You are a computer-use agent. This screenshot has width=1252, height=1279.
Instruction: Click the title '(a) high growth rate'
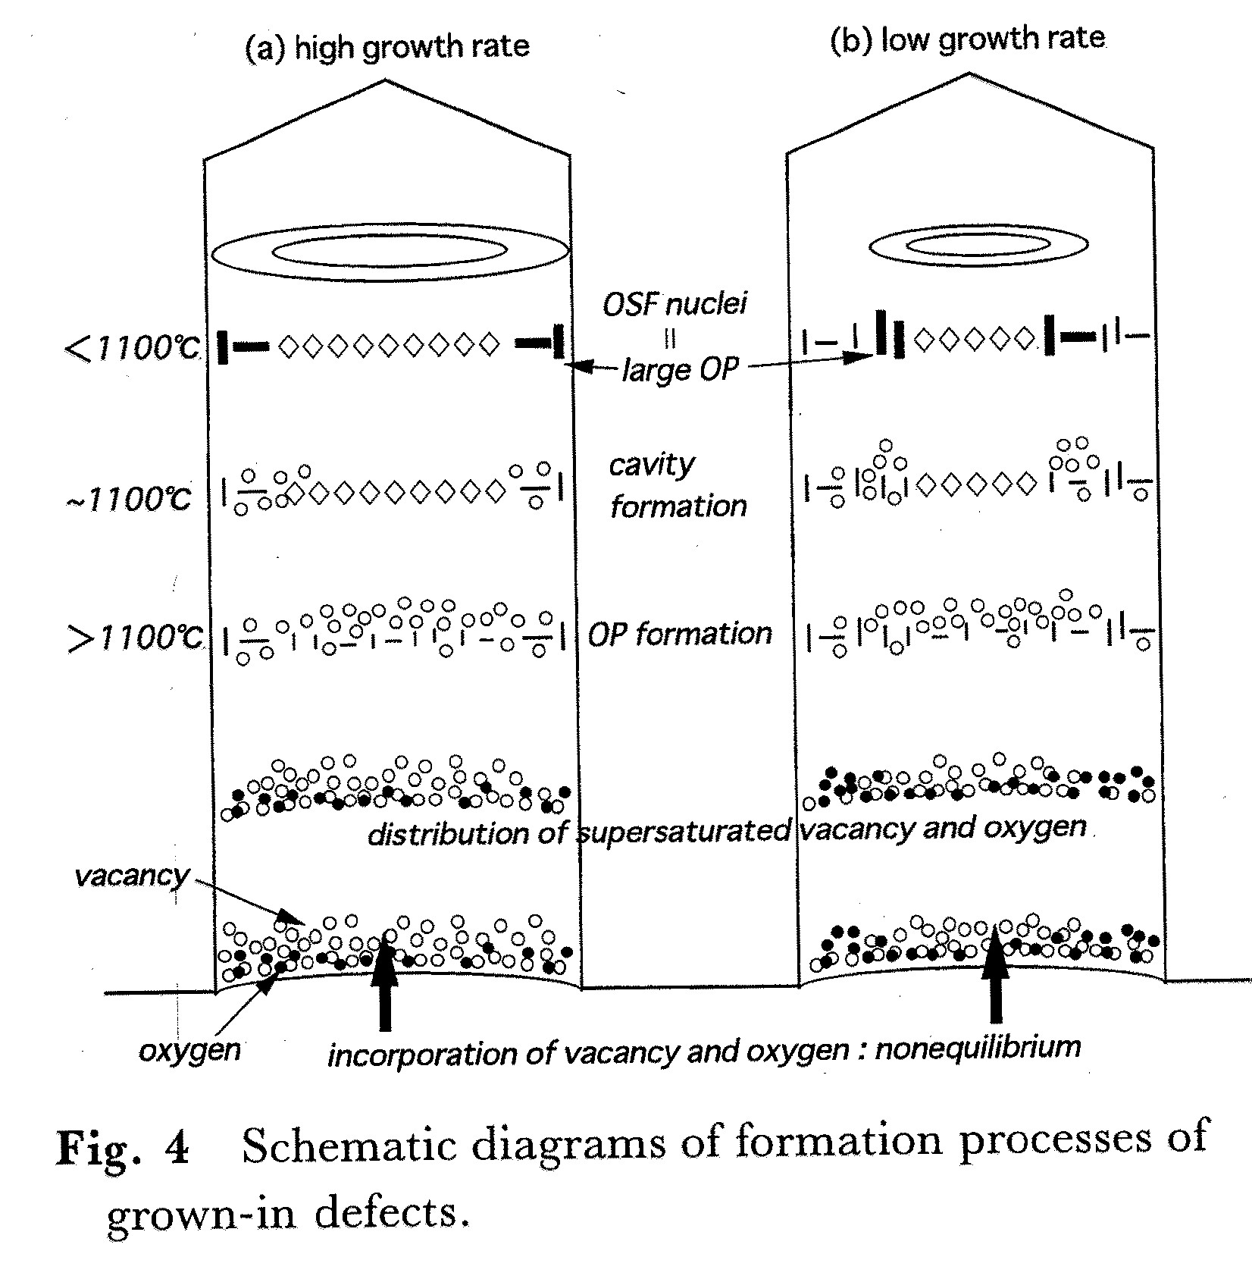pyautogui.click(x=387, y=47)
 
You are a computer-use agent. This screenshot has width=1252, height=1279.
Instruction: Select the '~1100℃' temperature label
pyautogui.click(x=130, y=499)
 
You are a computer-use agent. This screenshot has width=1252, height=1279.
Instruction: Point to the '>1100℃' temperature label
pyautogui.click(x=136, y=637)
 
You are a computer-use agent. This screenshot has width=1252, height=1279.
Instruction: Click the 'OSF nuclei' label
pyautogui.click(x=675, y=304)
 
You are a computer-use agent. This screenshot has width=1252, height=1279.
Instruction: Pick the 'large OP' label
pyautogui.click(x=680, y=370)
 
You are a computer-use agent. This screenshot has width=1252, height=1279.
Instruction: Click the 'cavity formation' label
pyautogui.click(x=677, y=485)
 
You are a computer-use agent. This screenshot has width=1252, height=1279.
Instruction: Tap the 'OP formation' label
pyautogui.click(x=680, y=634)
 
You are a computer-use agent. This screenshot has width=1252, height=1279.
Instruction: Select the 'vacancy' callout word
pyautogui.click(x=131, y=876)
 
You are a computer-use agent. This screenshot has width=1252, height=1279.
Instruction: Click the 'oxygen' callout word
pyautogui.click(x=189, y=1050)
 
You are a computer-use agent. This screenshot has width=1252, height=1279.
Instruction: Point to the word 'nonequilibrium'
pyautogui.click(x=978, y=1048)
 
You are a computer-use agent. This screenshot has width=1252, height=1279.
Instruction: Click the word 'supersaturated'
pyautogui.click(x=684, y=831)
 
